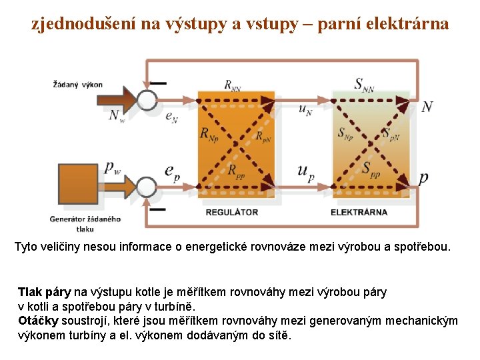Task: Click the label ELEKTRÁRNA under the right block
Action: click(359, 213)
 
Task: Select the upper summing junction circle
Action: click(147, 100)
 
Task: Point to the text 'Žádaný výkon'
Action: click(78, 85)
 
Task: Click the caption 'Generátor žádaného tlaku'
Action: click(85, 224)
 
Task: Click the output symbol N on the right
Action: click(427, 107)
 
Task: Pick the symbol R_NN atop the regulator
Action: click(233, 85)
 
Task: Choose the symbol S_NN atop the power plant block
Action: click(364, 85)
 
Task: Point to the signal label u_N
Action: click(305, 109)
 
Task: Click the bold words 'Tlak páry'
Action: click(44, 292)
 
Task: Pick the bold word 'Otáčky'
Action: click(38, 321)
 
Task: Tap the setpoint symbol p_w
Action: click(113, 167)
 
